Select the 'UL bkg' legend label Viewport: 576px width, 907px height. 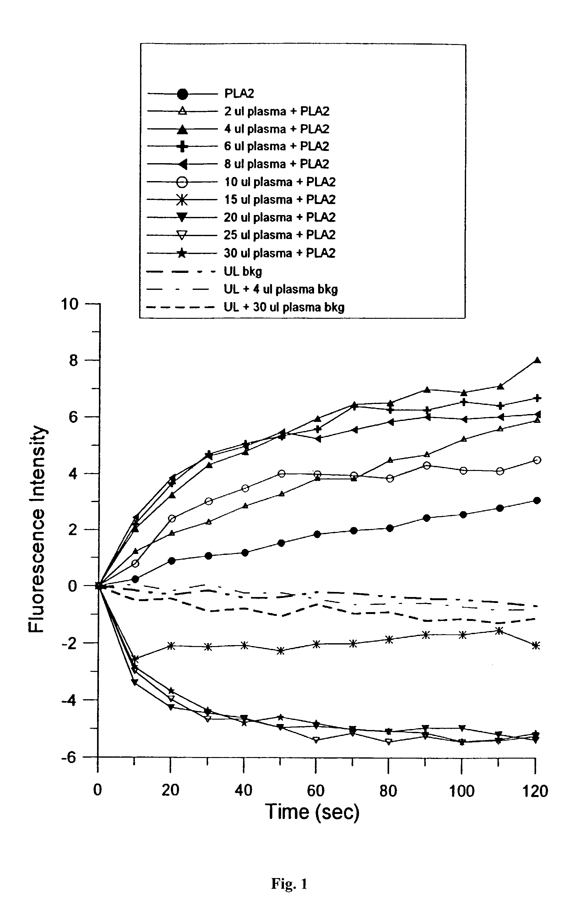pyautogui.click(x=243, y=271)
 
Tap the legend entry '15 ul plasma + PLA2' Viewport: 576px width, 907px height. pyautogui.click(x=280, y=199)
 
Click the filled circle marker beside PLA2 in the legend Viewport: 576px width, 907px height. pyautogui.click(x=182, y=93)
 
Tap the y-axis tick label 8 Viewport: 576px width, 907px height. pyautogui.click(x=73, y=361)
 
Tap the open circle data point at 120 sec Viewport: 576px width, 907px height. pyautogui.click(x=537, y=460)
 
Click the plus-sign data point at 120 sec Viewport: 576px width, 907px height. pyautogui.click(x=538, y=398)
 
